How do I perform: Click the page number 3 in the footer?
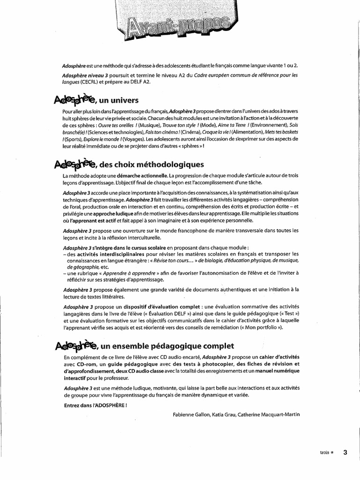(x=345, y=452)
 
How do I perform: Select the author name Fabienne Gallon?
(x=192, y=414)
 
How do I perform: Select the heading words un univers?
(x=119, y=100)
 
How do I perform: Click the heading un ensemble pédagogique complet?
(x=167, y=346)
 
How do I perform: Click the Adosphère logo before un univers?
(x=75, y=99)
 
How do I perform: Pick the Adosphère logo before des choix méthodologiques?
(x=75, y=164)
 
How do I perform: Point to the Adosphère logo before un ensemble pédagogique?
(x=75, y=345)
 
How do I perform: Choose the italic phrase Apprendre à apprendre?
(x=130, y=273)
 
